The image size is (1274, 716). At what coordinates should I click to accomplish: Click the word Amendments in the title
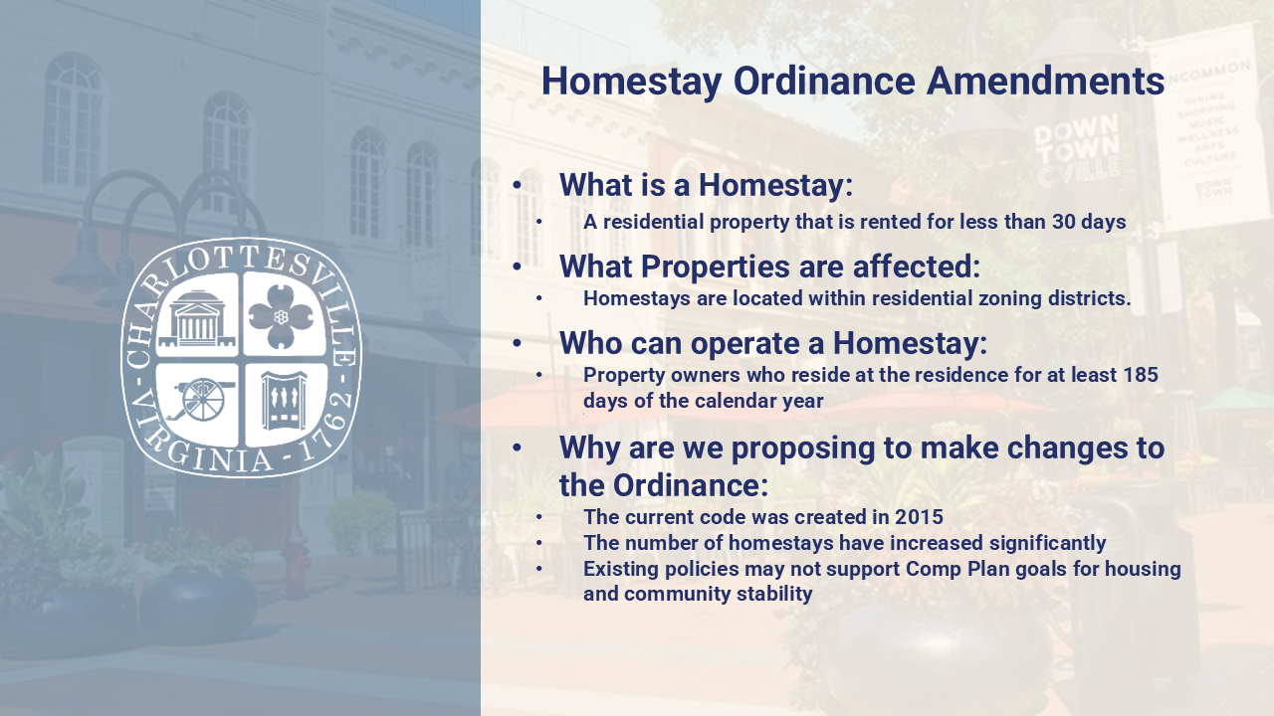click(1045, 81)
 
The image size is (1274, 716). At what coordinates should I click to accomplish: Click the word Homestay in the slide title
click(631, 83)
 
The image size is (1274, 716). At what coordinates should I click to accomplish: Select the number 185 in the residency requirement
click(1141, 375)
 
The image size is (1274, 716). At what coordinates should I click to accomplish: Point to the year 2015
click(919, 516)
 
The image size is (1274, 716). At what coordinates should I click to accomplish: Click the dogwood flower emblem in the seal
click(281, 317)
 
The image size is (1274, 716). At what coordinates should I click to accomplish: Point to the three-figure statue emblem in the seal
click(284, 401)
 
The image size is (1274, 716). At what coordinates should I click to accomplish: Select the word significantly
click(1047, 543)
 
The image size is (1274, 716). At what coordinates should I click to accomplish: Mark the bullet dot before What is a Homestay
click(517, 185)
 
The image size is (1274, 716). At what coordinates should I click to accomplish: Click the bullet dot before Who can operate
click(517, 343)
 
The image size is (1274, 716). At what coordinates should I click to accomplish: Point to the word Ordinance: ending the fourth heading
click(691, 486)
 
